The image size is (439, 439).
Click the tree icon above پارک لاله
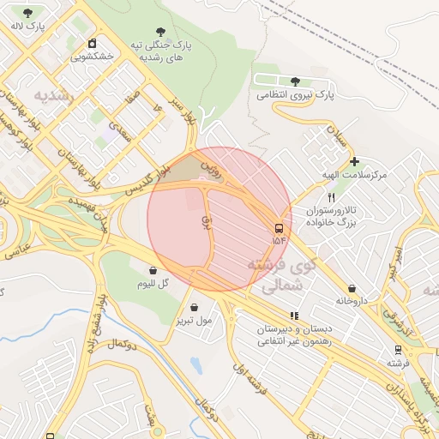(28, 13)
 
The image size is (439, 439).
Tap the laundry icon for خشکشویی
(92, 44)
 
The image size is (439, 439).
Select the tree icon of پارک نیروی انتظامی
(295, 81)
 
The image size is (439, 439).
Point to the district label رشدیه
(55, 93)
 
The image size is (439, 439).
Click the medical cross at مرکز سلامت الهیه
(353, 161)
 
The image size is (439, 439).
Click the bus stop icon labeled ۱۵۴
(280, 228)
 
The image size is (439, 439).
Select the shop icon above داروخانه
(352, 288)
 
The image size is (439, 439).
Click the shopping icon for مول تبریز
(195, 308)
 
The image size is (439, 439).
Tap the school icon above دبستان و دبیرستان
(295, 316)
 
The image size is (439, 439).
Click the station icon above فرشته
(398, 350)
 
